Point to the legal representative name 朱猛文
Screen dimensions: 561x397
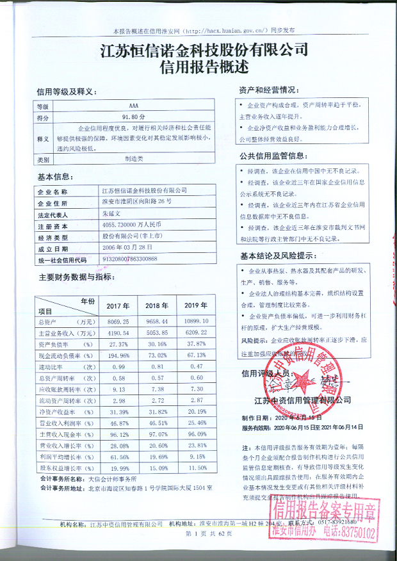114,215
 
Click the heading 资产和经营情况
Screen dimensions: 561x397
268,89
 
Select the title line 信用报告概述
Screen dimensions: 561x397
198,67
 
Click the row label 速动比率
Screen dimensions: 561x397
60,367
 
